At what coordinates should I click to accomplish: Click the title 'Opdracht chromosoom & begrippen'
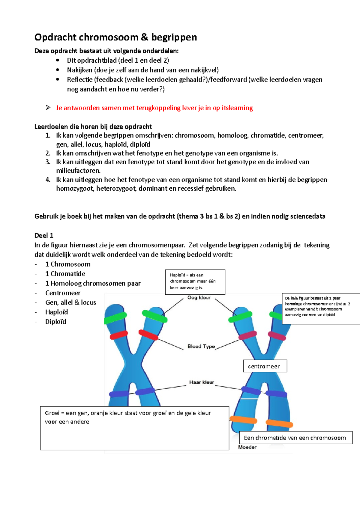115,37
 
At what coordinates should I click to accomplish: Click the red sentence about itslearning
154,108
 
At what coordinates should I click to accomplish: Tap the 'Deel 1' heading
44,235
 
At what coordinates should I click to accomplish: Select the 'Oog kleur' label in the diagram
199,298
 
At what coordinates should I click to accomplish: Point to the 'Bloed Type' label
201,346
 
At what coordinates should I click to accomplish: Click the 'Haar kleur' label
201,382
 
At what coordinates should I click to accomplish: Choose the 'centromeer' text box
265,366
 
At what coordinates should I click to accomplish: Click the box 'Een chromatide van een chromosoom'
295,438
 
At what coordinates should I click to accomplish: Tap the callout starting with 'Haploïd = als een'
195,281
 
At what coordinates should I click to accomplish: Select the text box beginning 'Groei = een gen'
134,428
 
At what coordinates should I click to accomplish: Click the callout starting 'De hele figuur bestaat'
320,308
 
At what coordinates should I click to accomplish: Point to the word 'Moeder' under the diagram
247,447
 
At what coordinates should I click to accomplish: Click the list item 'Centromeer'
63,293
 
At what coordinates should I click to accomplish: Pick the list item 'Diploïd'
55,322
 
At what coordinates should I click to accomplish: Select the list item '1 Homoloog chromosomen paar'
93,283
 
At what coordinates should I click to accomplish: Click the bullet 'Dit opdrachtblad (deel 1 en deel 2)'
118,61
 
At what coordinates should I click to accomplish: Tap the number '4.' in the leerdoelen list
48,180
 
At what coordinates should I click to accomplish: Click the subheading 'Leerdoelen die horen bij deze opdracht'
93,127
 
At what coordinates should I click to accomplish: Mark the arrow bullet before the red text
48,108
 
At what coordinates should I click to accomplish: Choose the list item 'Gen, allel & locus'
70,302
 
